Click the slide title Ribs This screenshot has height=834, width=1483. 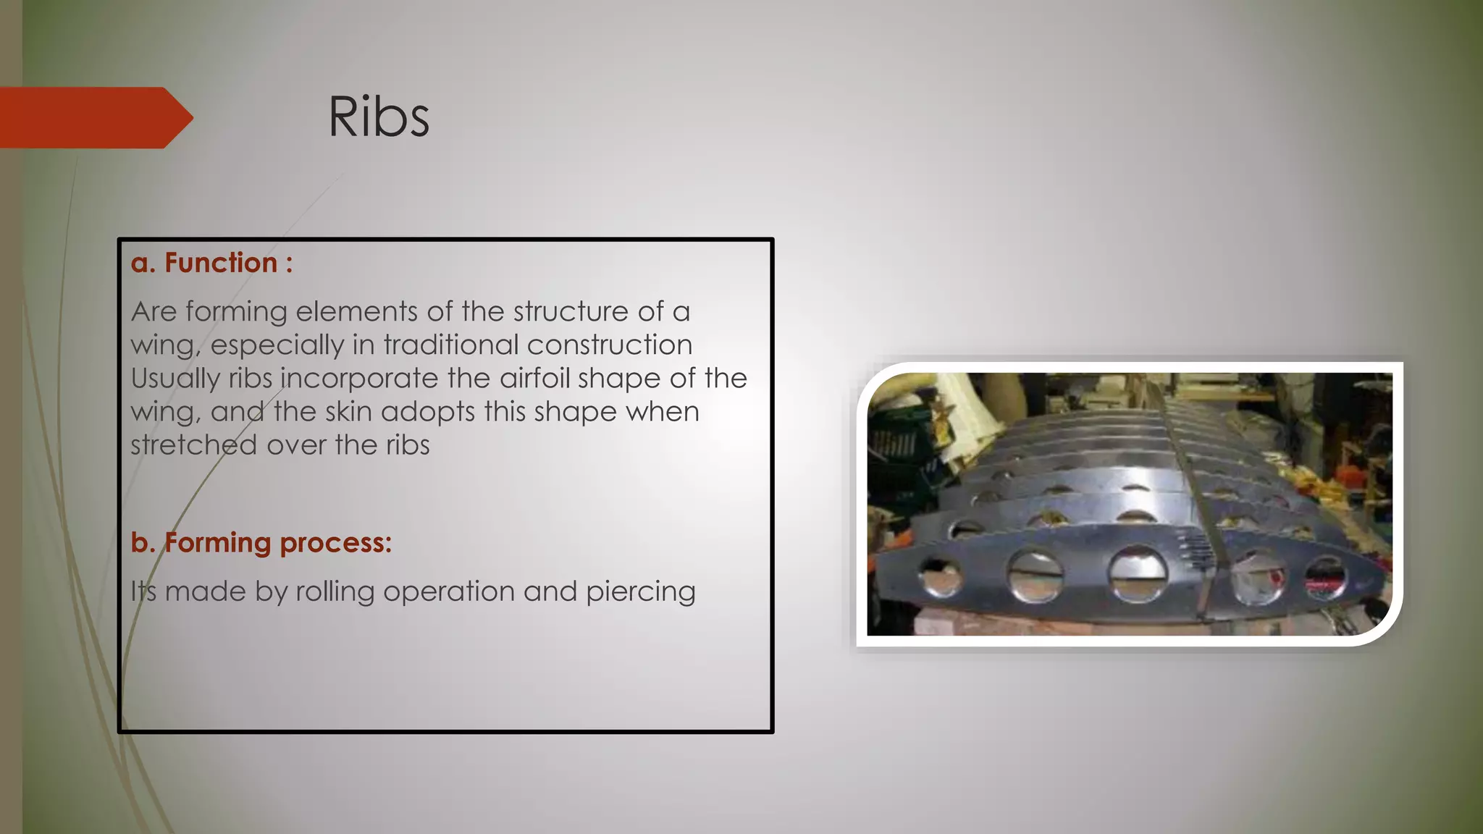pyautogui.click(x=379, y=117)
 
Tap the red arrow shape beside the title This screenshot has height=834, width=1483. pyautogui.click(x=94, y=117)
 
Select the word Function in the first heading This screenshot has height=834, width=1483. pyautogui.click(x=221, y=263)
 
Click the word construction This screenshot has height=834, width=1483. pyautogui.click(x=610, y=345)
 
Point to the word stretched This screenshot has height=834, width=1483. pyautogui.click(x=193, y=445)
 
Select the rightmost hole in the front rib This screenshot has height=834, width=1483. pyautogui.click(x=1325, y=577)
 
